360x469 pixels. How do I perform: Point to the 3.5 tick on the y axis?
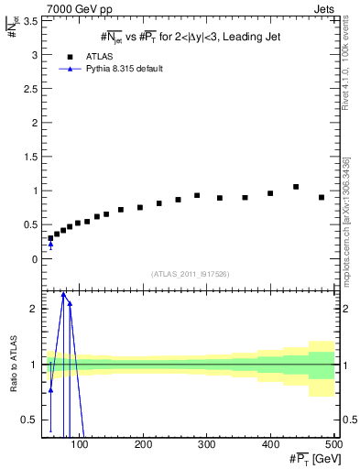(31, 21)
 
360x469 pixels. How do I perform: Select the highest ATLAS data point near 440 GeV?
(296, 187)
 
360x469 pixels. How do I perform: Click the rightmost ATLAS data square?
(322, 197)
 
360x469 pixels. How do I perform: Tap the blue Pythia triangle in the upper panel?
(50, 244)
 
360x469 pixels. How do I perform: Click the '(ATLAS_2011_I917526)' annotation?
(190, 274)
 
